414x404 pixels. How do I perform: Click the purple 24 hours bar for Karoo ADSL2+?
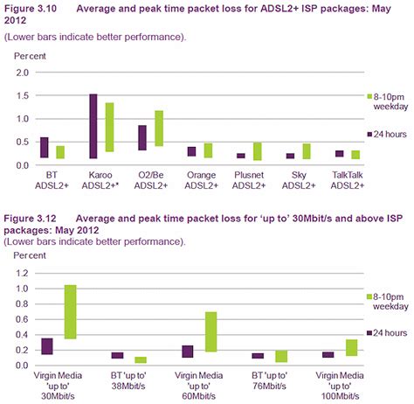tap(93, 126)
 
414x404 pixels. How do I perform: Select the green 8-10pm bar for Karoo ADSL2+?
tap(109, 128)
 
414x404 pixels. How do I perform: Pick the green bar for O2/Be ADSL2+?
tap(159, 128)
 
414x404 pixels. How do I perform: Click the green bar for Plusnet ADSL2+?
tap(258, 151)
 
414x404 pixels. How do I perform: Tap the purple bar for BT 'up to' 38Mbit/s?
tap(117, 355)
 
